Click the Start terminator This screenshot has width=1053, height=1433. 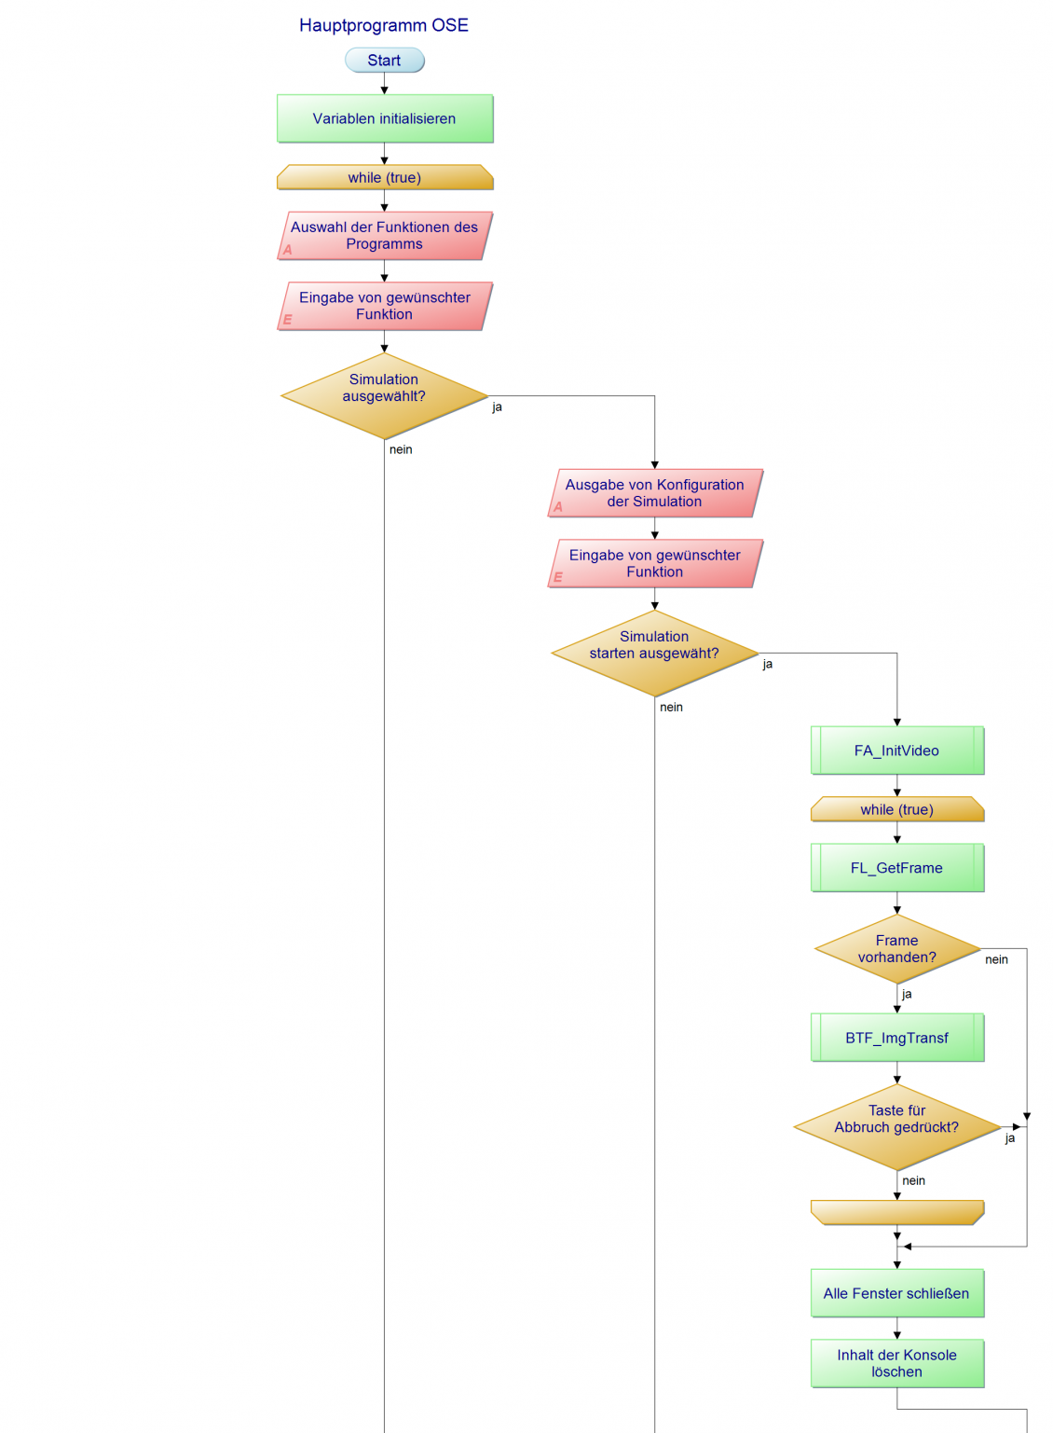pos(384,61)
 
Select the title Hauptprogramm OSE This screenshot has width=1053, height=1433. pos(384,25)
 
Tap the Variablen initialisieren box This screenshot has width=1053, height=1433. pos(384,118)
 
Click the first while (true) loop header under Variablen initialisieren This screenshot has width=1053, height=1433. pos(384,177)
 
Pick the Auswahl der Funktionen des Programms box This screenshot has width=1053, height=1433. pos(384,236)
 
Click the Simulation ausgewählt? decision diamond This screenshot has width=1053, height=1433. pos(384,395)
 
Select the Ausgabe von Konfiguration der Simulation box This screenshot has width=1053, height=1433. pos(654,493)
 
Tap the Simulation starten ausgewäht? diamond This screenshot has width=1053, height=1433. pos(654,653)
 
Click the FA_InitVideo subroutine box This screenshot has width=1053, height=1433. pos(896,751)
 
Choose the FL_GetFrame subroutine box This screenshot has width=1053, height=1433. pos(896,868)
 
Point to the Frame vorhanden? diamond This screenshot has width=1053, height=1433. pos(896,949)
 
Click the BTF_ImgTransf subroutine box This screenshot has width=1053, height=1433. pos(896,1038)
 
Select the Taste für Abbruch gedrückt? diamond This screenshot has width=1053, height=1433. pos(896,1126)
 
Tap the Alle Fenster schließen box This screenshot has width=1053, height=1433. pos(896,1293)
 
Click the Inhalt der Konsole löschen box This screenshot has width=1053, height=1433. pos(896,1363)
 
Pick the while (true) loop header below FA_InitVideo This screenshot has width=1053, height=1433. pos(896,809)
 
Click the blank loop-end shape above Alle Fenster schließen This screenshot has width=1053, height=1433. pos(896,1212)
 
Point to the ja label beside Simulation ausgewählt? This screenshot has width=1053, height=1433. pos(498,407)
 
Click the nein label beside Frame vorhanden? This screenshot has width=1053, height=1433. pos(996,959)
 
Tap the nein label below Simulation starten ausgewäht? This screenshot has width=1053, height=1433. pos(671,708)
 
